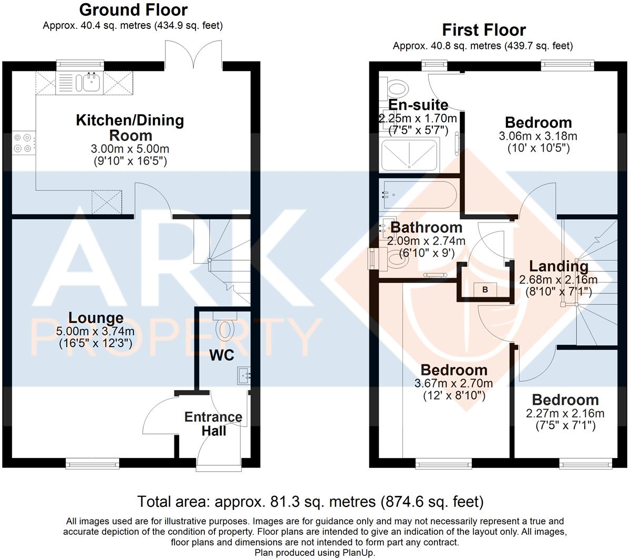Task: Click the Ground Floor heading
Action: pyautogui.click(x=133, y=9)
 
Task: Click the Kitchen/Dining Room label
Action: pyautogui.click(x=130, y=127)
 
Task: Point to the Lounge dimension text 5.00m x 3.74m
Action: pyautogui.click(x=95, y=331)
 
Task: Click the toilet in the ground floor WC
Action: pyautogui.click(x=225, y=327)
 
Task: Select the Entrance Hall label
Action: pyautogui.click(x=213, y=424)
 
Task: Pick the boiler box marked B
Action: pyautogui.click(x=485, y=289)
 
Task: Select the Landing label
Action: pyautogui.click(x=558, y=266)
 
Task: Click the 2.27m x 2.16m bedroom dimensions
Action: pyautogui.click(x=565, y=413)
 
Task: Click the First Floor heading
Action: pyautogui.click(x=483, y=30)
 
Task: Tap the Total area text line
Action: pyautogui.click(x=310, y=502)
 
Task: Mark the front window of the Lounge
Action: pyautogui.click(x=85, y=463)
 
